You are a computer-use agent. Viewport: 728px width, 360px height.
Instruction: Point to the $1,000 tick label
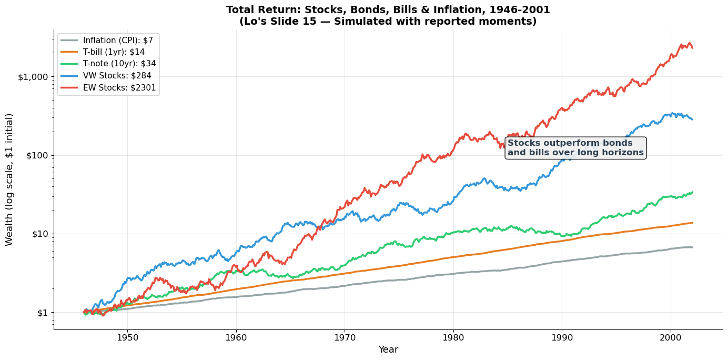(x=34, y=77)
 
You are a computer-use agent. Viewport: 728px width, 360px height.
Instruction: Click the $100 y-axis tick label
(x=38, y=155)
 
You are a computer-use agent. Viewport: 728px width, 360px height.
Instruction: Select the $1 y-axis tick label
(x=42, y=313)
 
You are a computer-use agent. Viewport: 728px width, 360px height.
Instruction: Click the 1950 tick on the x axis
(x=127, y=337)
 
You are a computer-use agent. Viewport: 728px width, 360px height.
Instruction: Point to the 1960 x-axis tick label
(x=236, y=337)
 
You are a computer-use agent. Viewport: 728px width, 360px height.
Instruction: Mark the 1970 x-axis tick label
(x=345, y=337)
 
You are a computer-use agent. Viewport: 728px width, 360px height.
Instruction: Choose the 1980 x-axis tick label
(x=453, y=337)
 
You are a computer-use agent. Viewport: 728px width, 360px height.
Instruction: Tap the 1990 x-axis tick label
(x=562, y=337)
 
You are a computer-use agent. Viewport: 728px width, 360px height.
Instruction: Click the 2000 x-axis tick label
(x=670, y=337)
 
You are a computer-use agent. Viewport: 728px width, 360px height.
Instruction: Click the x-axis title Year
(x=388, y=349)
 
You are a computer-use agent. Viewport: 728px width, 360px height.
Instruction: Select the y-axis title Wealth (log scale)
(x=9, y=179)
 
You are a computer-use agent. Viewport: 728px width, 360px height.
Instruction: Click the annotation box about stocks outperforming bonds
(x=575, y=148)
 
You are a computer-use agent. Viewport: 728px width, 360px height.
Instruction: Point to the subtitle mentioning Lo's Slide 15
(x=388, y=21)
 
